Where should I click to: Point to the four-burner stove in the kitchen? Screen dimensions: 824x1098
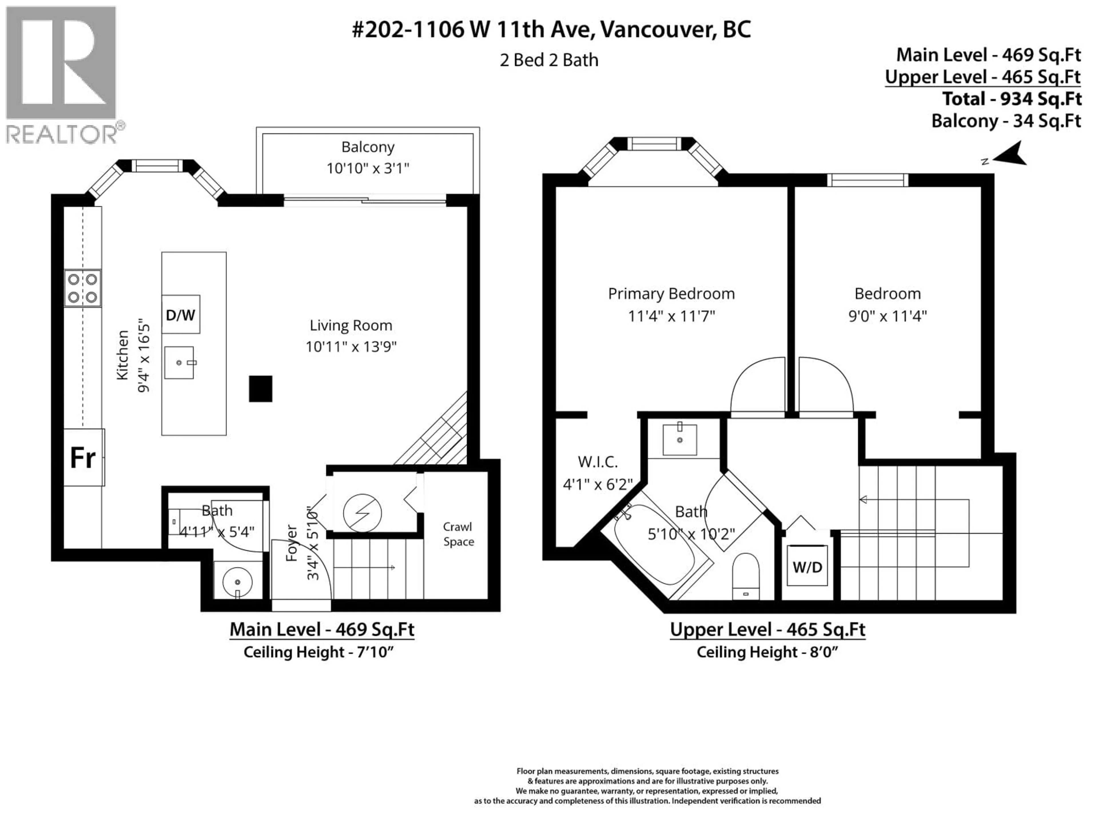click(x=82, y=288)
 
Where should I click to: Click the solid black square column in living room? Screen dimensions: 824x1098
click(x=260, y=389)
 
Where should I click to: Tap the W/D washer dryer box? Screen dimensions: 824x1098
click(x=807, y=567)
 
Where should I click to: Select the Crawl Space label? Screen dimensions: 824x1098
click(x=458, y=534)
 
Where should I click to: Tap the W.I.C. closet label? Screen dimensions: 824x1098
click(x=598, y=462)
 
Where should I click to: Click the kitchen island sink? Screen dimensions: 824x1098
click(x=179, y=363)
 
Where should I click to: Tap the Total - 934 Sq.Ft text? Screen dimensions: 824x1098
click(x=1012, y=99)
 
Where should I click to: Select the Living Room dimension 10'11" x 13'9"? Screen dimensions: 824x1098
click(x=351, y=346)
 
